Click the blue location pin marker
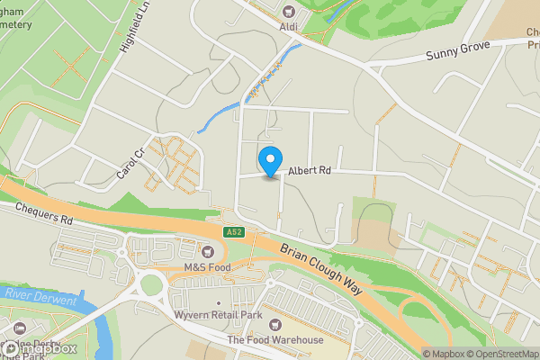click(269, 161)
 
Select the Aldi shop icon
click(288, 12)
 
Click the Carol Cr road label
click(130, 163)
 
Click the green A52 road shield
click(234, 232)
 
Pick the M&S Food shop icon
click(209, 252)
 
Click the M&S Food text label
click(209, 268)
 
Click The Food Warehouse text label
click(275, 340)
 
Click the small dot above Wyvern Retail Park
click(220, 304)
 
